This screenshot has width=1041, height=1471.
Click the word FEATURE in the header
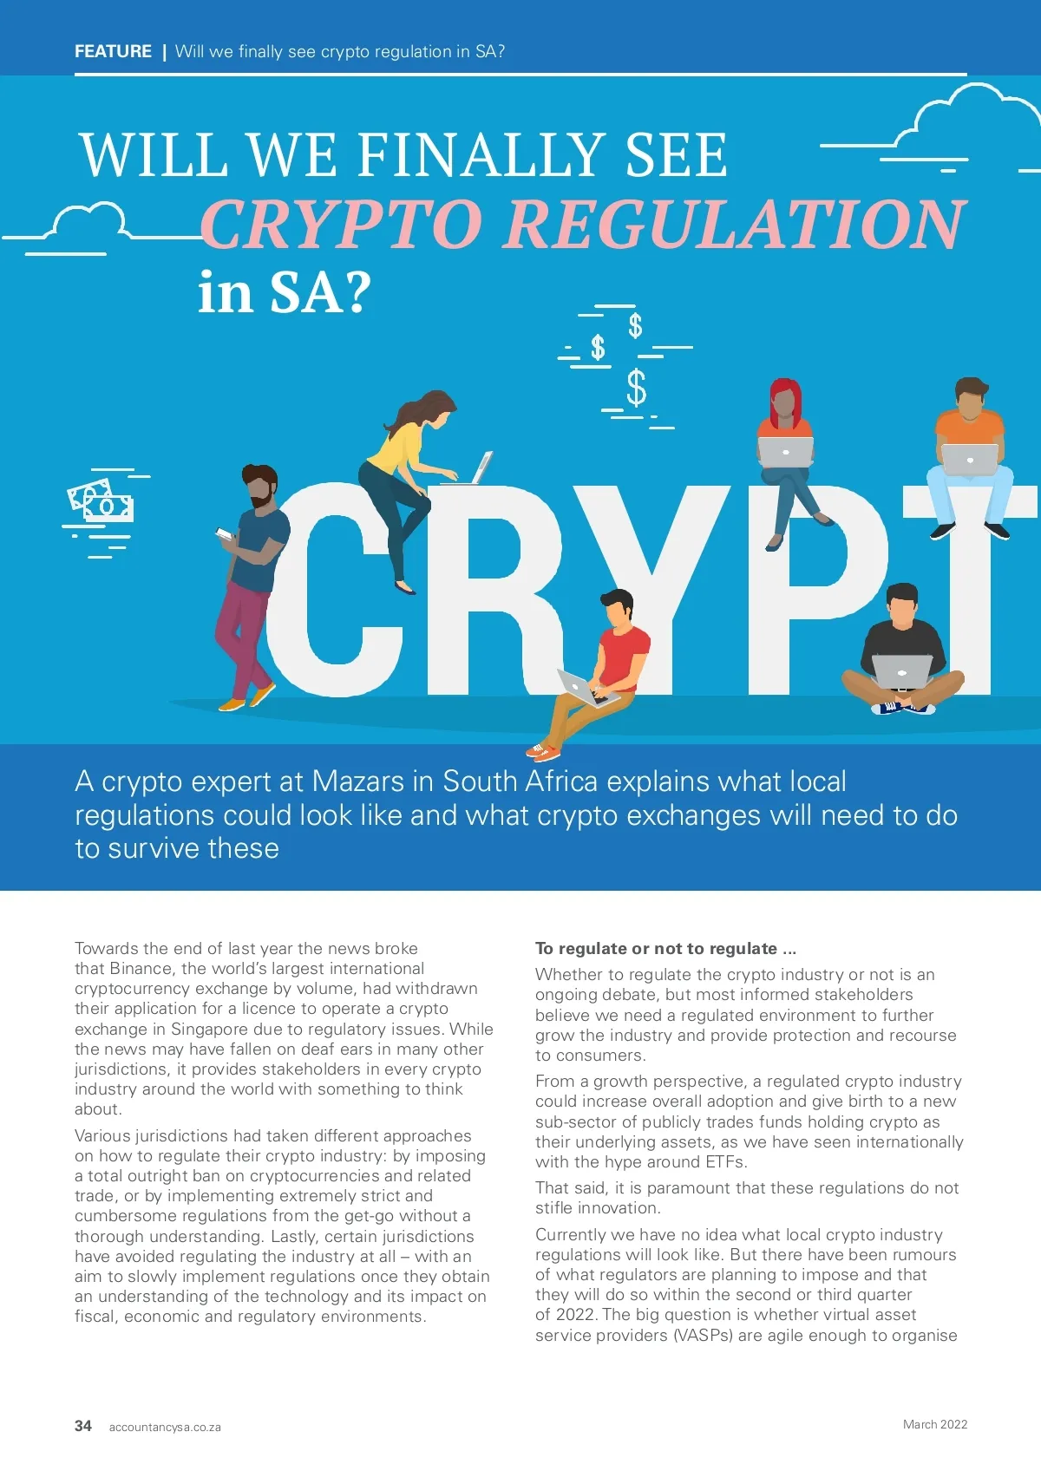point(113,51)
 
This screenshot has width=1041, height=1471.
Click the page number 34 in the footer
point(83,1426)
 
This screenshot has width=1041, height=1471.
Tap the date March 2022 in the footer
point(934,1424)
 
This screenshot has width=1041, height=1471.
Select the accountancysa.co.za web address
point(165,1427)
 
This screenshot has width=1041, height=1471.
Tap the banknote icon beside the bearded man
point(101,501)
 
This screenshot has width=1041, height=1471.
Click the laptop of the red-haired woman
point(785,452)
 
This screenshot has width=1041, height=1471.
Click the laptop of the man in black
point(901,670)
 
